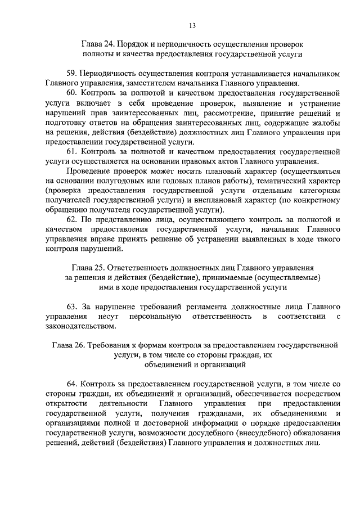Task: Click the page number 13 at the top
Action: click(192, 25)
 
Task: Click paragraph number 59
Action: click(72, 73)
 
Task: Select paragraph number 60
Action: click(72, 92)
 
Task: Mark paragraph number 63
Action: click(72, 307)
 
